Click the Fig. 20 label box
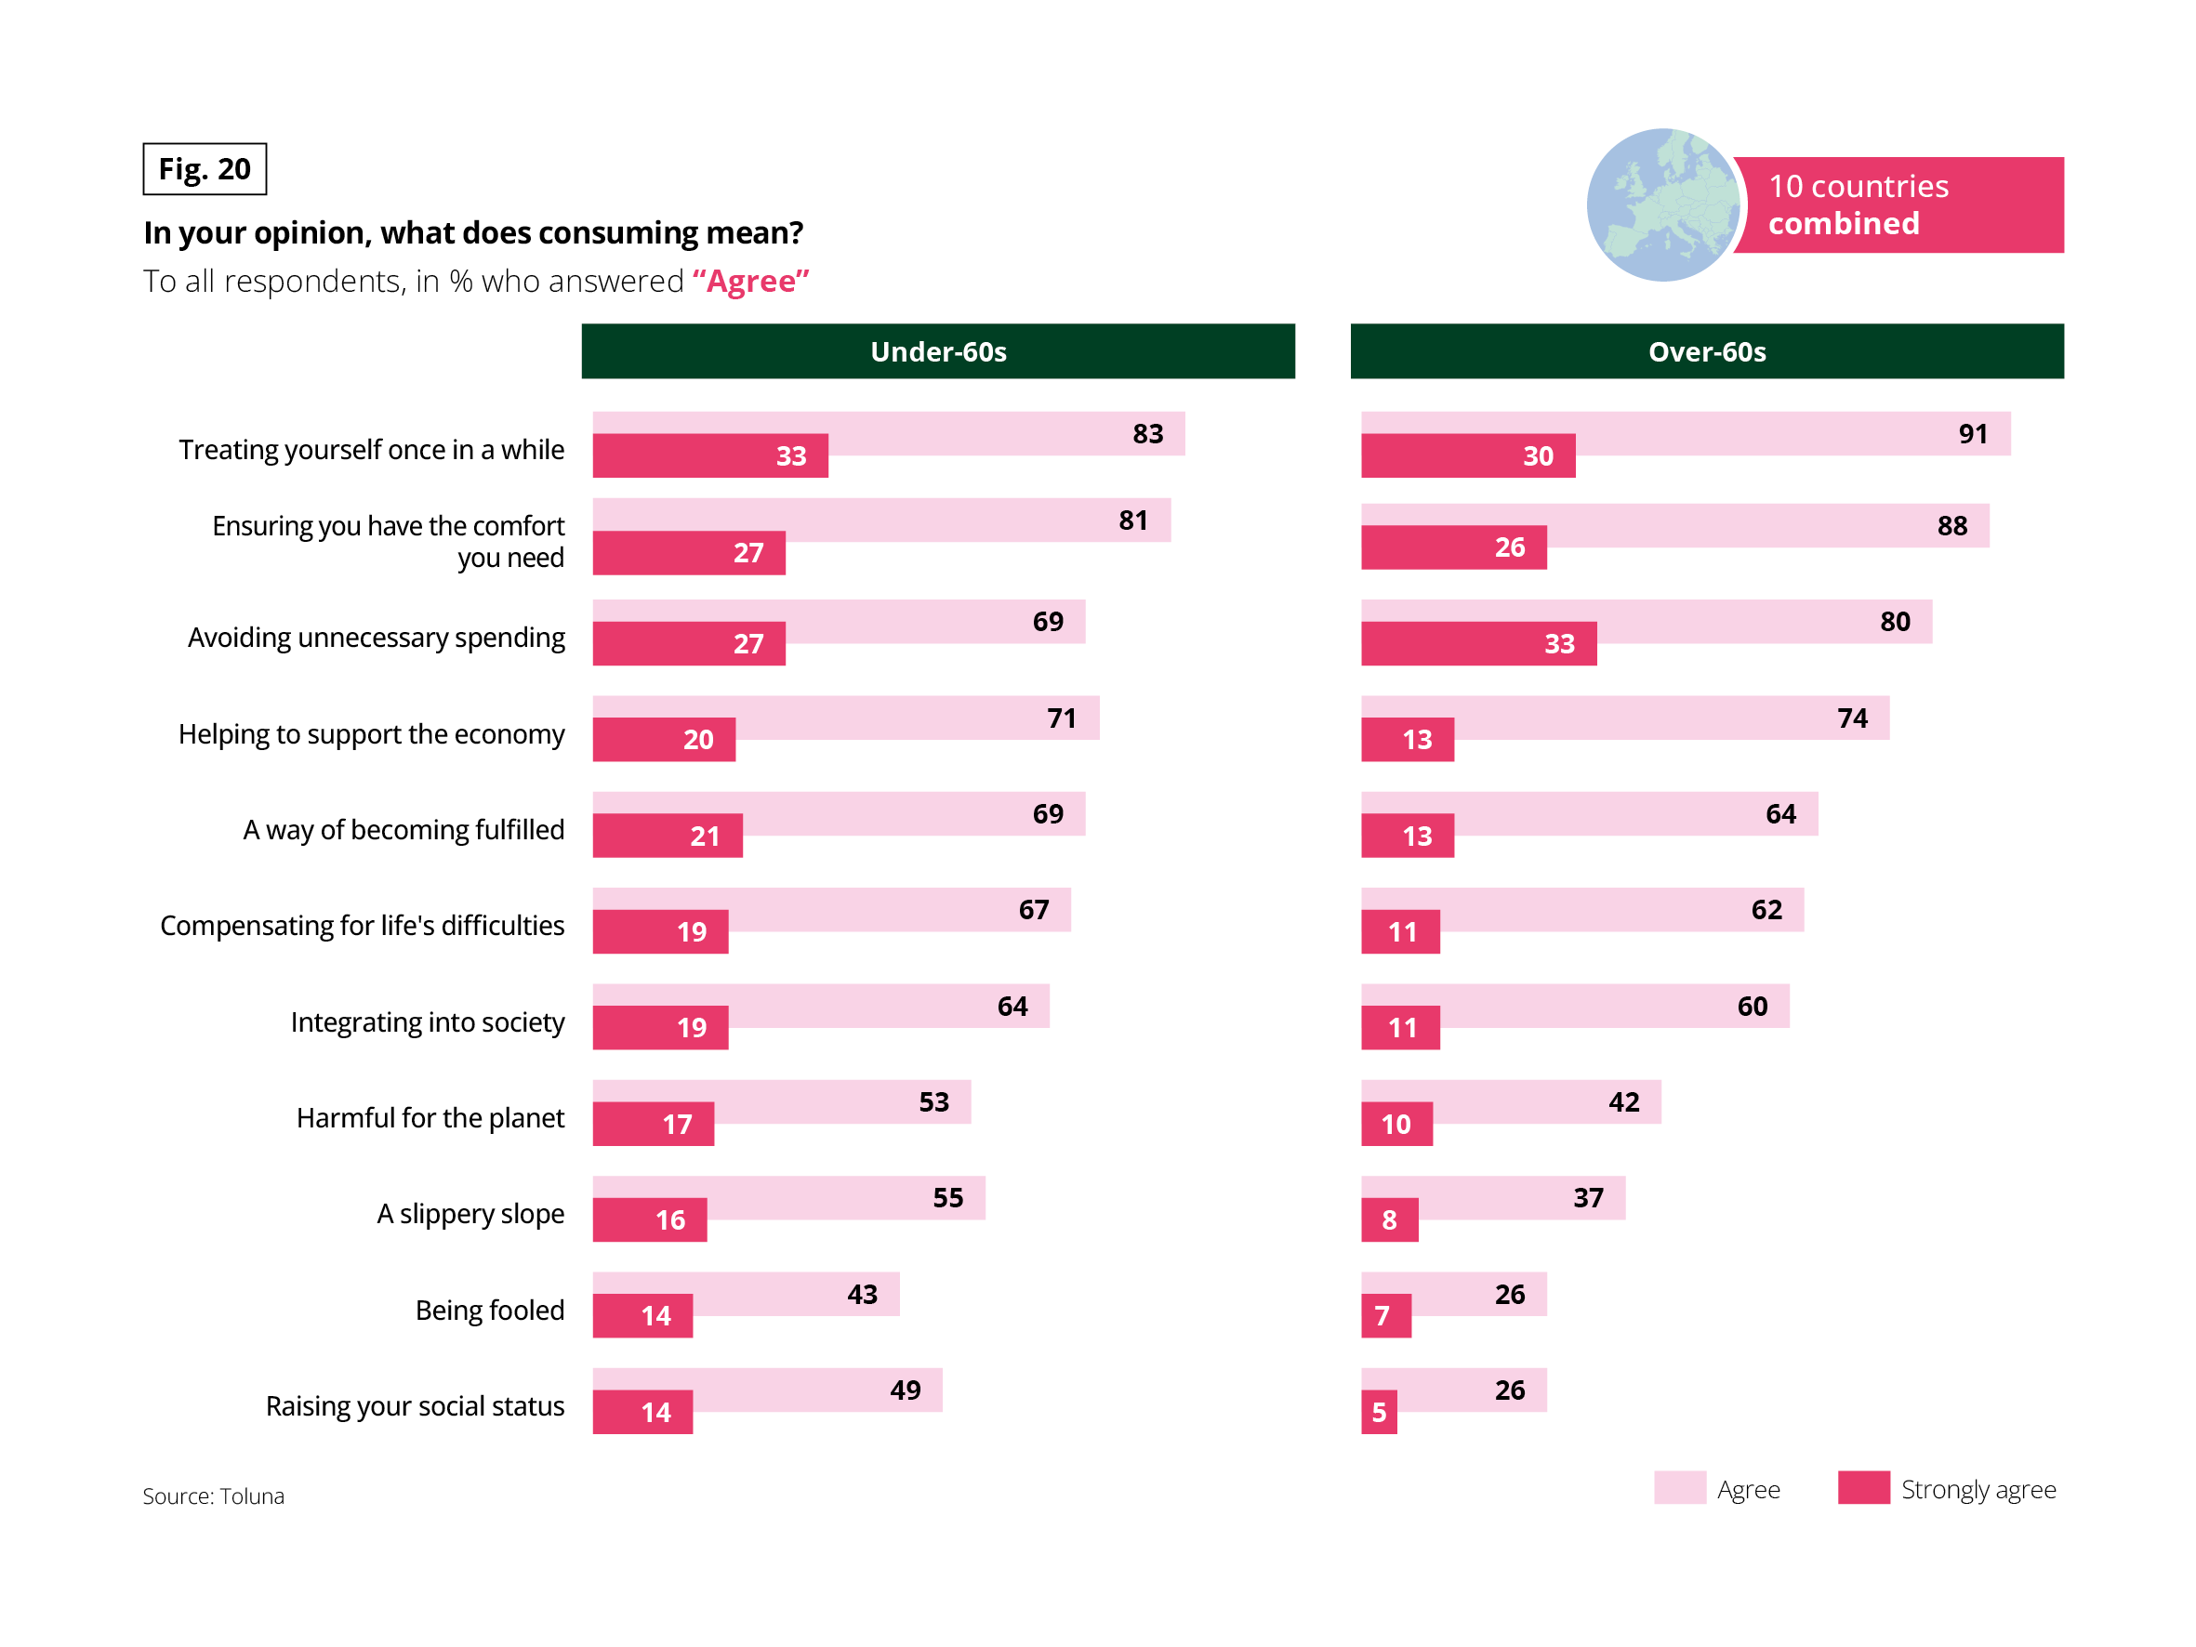tap(205, 169)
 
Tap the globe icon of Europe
tap(1662, 204)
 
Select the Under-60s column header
tap(938, 351)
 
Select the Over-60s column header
tap(1707, 351)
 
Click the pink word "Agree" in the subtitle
tap(750, 282)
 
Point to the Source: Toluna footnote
tap(214, 1496)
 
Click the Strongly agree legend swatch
tap(1862, 1488)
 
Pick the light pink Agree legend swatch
tap(1680, 1488)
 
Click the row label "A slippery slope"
tap(470, 1213)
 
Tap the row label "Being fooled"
tap(489, 1310)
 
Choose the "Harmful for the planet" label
tap(430, 1118)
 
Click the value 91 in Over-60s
tap(1973, 434)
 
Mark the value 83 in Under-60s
tap(1147, 434)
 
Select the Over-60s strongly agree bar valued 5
tap(1379, 1412)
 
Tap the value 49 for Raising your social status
tap(905, 1390)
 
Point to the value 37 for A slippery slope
tap(1587, 1197)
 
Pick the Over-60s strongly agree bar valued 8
tap(1389, 1219)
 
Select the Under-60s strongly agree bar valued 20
tap(664, 740)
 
